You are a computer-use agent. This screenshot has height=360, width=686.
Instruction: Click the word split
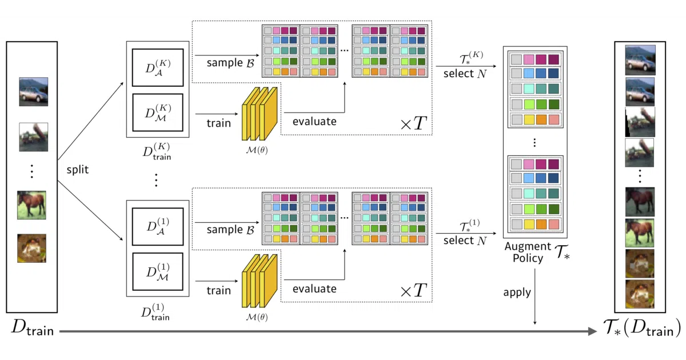click(78, 170)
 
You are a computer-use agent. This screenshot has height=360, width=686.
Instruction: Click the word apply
click(517, 293)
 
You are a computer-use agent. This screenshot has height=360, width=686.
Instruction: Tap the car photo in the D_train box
click(33, 92)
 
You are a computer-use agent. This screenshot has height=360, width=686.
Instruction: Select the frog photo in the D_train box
click(32, 248)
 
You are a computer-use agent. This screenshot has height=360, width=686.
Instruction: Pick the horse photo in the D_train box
click(32, 205)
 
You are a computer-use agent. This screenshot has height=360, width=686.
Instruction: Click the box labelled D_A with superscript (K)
click(158, 67)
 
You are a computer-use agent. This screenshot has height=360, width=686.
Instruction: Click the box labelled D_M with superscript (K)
click(158, 113)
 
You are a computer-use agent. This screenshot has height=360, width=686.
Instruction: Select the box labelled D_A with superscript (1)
click(158, 226)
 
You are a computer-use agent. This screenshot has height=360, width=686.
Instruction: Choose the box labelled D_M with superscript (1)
click(158, 271)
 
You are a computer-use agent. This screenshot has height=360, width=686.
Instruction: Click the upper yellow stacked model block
click(260, 114)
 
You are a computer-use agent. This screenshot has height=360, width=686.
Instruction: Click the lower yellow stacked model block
click(260, 281)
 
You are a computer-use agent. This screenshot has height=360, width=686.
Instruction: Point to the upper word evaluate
click(314, 122)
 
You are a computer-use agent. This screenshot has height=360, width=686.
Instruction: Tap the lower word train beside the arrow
click(218, 290)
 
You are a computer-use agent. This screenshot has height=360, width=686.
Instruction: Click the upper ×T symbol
click(414, 123)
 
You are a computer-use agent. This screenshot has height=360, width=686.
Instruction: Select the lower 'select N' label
click(465, 241)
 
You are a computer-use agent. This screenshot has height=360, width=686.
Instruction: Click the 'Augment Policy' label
click(528, 252)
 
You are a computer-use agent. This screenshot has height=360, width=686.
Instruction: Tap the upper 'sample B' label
click(230, 63)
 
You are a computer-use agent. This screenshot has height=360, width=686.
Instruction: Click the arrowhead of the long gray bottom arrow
click(593, 331)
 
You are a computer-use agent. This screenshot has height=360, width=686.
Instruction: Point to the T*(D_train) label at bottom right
click(642, 328)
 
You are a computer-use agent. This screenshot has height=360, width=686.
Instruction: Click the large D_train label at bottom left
click(33, 328)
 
